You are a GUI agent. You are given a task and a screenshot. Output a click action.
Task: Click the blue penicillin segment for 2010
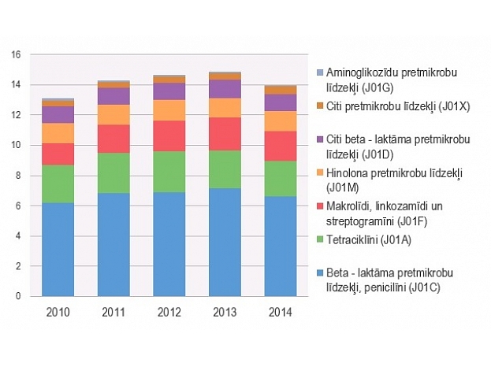coord(58,249)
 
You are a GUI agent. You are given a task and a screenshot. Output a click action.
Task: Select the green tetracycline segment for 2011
coord(113,172)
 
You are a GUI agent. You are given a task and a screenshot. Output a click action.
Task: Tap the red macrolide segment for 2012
coord(169,135)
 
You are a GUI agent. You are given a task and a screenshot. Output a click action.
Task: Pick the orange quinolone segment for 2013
coord(225,107)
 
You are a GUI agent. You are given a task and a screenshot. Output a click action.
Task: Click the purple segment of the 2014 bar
coord(279,102)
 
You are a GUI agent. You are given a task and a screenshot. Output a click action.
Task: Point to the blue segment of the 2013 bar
coord(225,242)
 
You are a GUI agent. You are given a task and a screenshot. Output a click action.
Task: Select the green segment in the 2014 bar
coord(279,178)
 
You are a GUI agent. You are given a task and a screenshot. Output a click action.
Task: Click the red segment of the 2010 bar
coord(58,154)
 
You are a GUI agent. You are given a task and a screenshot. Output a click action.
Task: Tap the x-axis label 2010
coord(58,313)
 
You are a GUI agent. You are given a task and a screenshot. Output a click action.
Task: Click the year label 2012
coord(169,313)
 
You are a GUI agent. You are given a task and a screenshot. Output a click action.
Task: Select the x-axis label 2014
coord(279,313)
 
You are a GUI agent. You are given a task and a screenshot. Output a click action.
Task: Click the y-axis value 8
coord(17,176)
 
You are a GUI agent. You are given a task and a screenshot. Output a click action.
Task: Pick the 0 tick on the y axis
coord(17,297)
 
